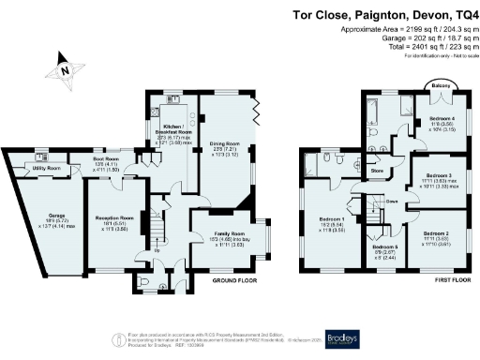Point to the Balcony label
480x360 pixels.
pos(438,87)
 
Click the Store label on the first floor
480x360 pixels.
pos(378,172)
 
